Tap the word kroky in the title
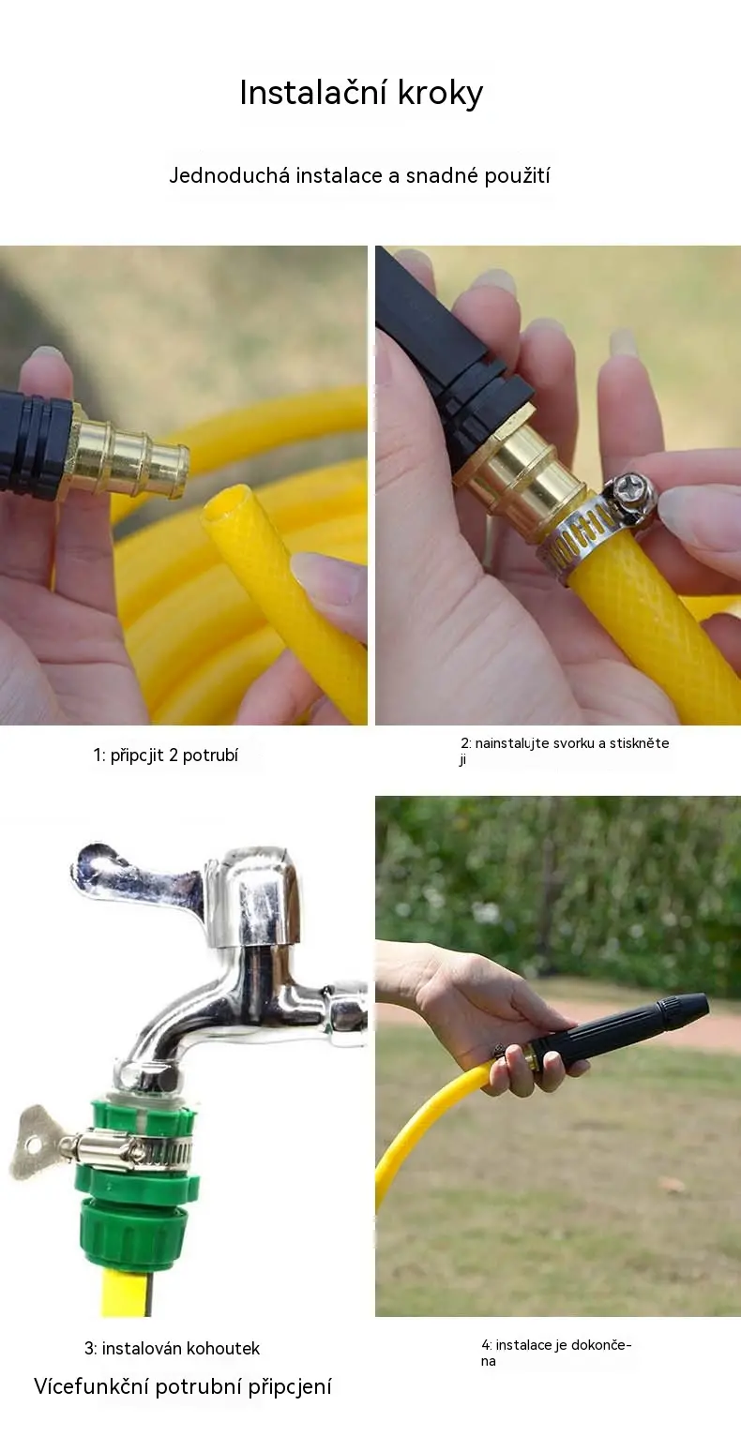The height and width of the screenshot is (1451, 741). point(440,94)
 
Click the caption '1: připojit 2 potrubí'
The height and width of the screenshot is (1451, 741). point(166,755)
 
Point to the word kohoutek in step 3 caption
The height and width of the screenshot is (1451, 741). point(222,1349)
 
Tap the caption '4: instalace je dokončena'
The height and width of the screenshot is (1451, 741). point(556,1353)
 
